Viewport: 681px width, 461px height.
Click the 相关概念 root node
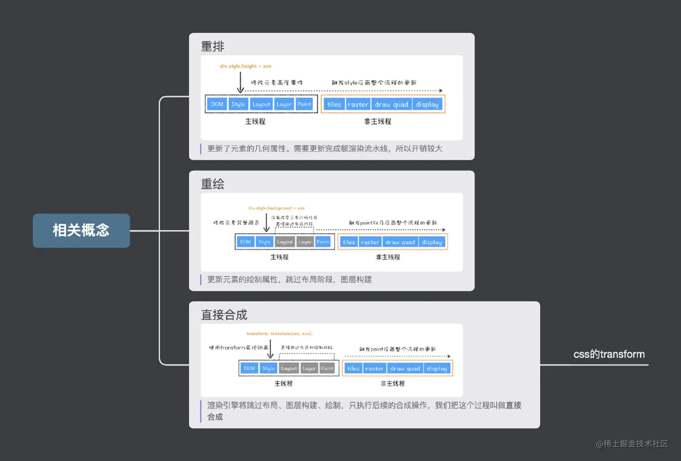point(81,230)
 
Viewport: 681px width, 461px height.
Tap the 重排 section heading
point(212,46)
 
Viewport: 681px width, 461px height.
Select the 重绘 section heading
point(212,184)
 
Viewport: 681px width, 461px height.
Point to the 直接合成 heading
point(224,315)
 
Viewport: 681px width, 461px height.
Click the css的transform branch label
point(609,354)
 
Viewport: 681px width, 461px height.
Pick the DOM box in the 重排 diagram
point(217,104)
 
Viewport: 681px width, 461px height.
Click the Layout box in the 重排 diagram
point(261,104)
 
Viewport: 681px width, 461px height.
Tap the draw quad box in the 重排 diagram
point(391,105)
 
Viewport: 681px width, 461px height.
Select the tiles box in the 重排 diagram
point(334,105)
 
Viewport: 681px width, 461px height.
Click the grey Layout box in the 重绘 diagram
point(285,242)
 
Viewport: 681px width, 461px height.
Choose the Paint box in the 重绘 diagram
point(323,242)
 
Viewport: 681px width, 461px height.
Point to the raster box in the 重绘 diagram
point(370,242)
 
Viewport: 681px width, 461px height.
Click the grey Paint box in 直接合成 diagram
point(327,368)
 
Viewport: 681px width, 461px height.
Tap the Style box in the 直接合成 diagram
point(268,368)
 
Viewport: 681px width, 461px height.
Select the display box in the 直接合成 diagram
point(436,369)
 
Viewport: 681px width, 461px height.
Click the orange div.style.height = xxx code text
point(245,66)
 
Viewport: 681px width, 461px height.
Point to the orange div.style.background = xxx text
point(276,208)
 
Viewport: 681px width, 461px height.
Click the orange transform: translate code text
point(279,333)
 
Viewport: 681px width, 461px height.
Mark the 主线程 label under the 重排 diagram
point(255,121)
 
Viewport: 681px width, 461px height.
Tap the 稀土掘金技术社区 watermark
point(632,444)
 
